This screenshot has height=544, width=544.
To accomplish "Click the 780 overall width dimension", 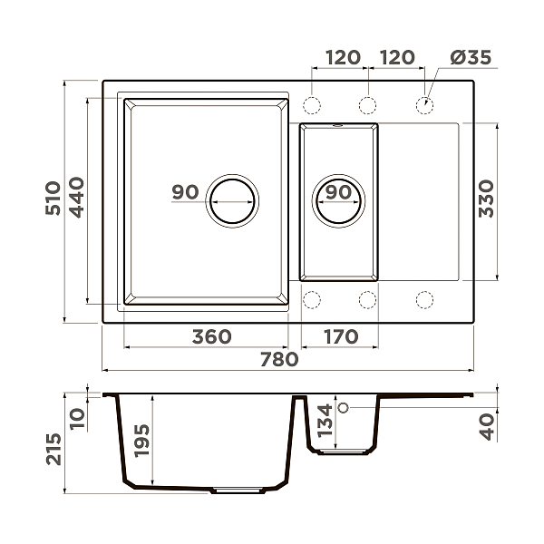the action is pyautogui.click(x=279, y=359).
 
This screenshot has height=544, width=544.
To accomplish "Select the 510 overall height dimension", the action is pyautogui.click(x=53, y=198).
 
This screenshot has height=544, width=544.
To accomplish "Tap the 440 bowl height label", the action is pyautogui.click(x=77, y=198).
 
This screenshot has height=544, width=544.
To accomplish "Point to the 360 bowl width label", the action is pyautogui.click(x=211, y=336).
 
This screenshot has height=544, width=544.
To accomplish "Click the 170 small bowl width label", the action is pyautogui.click(x=341, y=336).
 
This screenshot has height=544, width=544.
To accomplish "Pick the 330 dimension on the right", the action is pyautogui.click(x=486, y=199).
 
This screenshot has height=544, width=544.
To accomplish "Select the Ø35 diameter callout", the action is pyautogui.click(x=471, y=57).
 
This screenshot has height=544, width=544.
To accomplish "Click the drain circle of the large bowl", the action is pyautogui.click(x=232, y=201).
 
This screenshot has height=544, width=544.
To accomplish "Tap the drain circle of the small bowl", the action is pyautogui.click(x=338, y=201).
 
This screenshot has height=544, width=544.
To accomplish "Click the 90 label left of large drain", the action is pyautogui.click(x=185, y=192).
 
